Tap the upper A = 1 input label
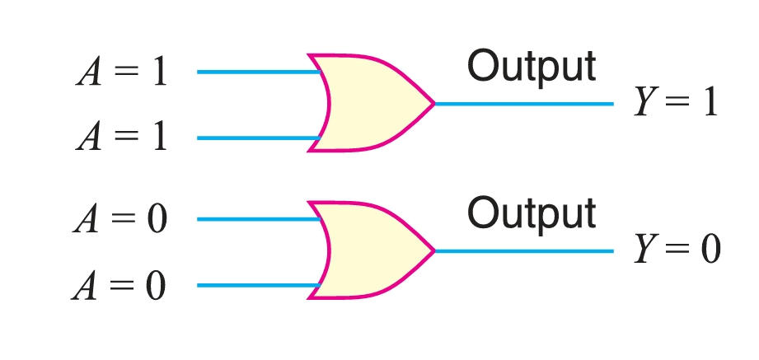tap(122, 72)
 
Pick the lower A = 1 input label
tap(122, 138)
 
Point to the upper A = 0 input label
tap(120, 220)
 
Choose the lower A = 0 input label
tap(120, 286)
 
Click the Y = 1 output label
tap(676, 102)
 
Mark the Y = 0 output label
tap(677, 250)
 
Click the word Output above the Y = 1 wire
tap(531, 67)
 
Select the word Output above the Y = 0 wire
tap(531, 213)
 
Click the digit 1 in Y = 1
tap(710, 102)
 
